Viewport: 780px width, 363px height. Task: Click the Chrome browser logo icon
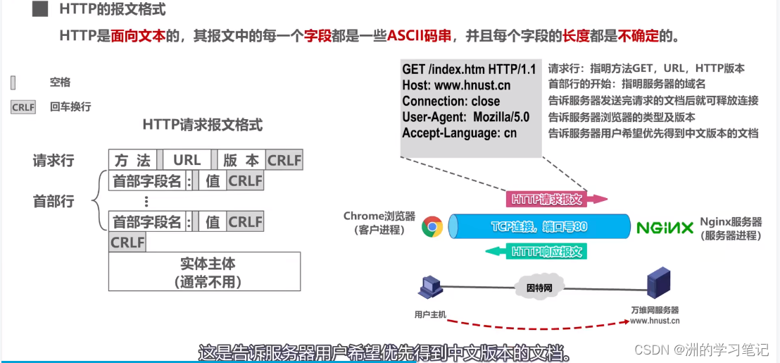click(432, 227)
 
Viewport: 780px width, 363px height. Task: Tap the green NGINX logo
click(665, 228)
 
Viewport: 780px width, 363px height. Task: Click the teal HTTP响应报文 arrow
click(546, 252)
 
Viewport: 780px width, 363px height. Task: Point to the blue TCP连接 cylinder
click(539, 227)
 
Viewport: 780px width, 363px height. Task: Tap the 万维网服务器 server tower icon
click(658, 283)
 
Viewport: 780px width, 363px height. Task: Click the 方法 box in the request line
click(132, 160)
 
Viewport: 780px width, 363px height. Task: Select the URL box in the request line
click(187, 160)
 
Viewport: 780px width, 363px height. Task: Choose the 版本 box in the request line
click(241, 160)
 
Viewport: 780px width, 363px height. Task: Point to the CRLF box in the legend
click(23, 107)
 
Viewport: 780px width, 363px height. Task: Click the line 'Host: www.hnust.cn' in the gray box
click(456, 85)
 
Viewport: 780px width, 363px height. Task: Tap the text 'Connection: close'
click(451, 101)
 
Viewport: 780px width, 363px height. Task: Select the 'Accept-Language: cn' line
click(459, 133)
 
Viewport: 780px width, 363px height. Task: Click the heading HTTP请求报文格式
click(202, 125)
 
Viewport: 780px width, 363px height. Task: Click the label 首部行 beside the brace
click(54, 201)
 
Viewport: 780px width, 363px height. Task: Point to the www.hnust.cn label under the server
click(655, 321)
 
